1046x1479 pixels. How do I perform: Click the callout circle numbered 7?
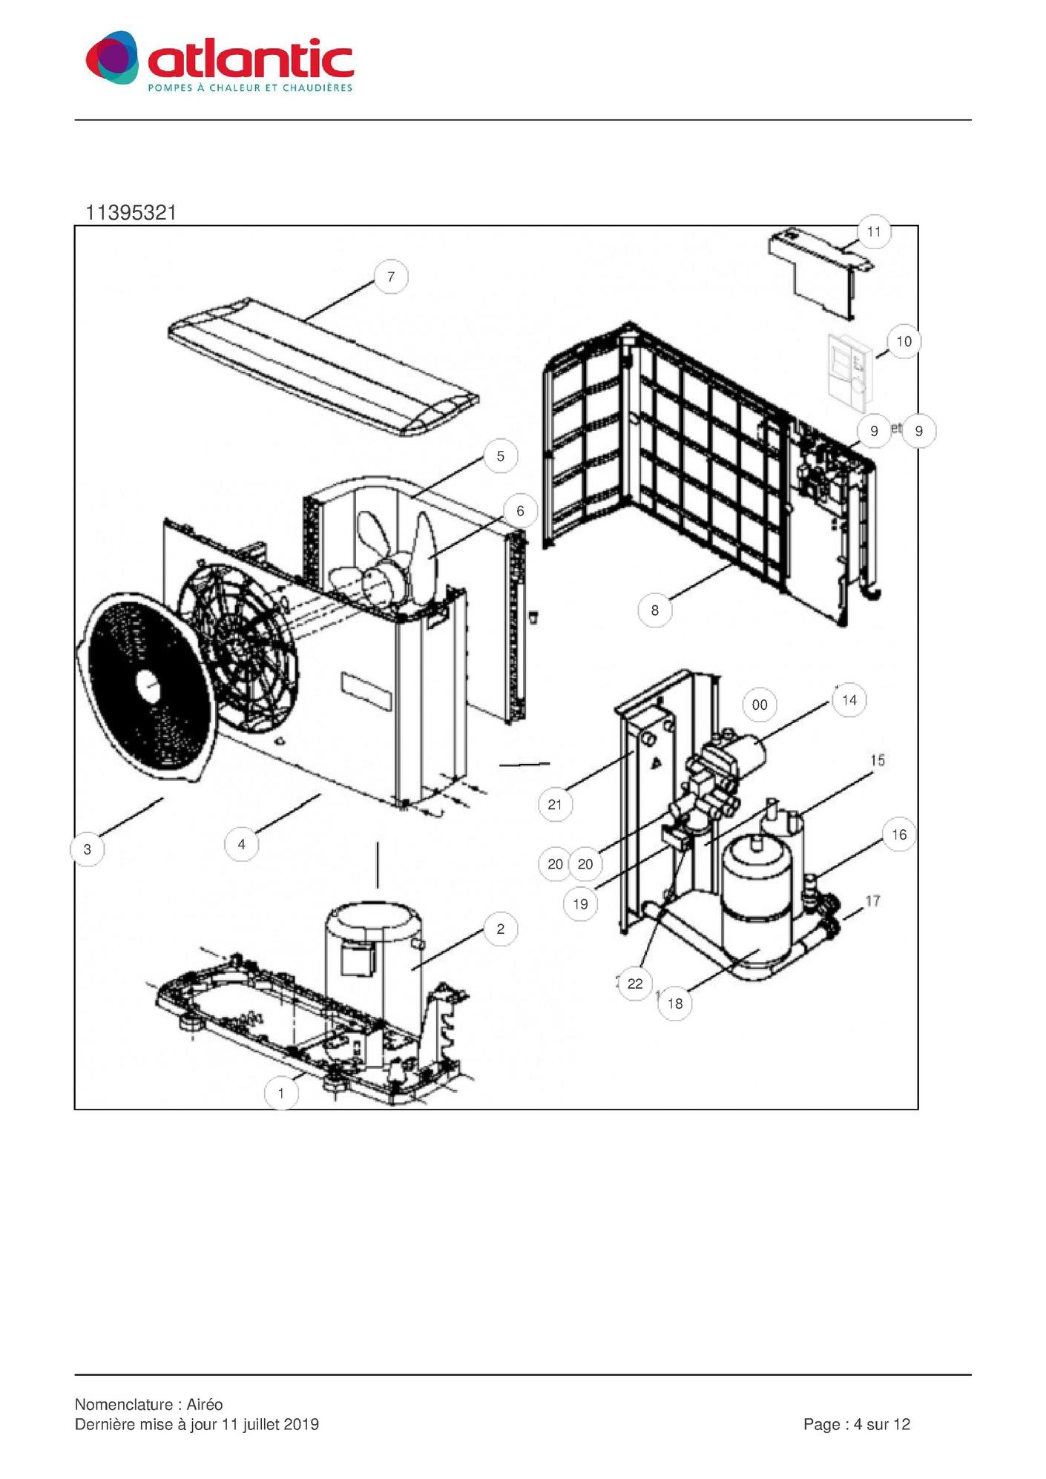[391, 277]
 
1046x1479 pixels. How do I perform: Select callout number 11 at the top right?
[874, 231]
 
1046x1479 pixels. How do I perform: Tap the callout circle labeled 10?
[904, 341]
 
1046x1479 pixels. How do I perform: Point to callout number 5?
[501, 455]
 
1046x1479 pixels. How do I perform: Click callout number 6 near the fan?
[520, 510]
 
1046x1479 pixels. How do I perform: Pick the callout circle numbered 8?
[654, 610]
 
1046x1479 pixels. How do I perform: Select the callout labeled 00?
[760, 705]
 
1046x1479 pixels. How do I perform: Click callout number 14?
[849, 700]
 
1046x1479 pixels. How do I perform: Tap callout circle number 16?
[899, 834]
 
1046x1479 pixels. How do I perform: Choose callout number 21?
[555, 805]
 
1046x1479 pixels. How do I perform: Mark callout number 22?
[635, 984]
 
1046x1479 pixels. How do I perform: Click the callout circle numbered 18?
[675, 1004]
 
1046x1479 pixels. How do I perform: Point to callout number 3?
[88, 849]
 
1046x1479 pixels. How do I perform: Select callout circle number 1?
[280, 1093]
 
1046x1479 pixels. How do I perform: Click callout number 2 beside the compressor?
[501, 929]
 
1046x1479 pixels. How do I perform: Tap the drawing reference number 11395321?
[131, 213]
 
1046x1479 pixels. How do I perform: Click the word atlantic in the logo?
[251, 60]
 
